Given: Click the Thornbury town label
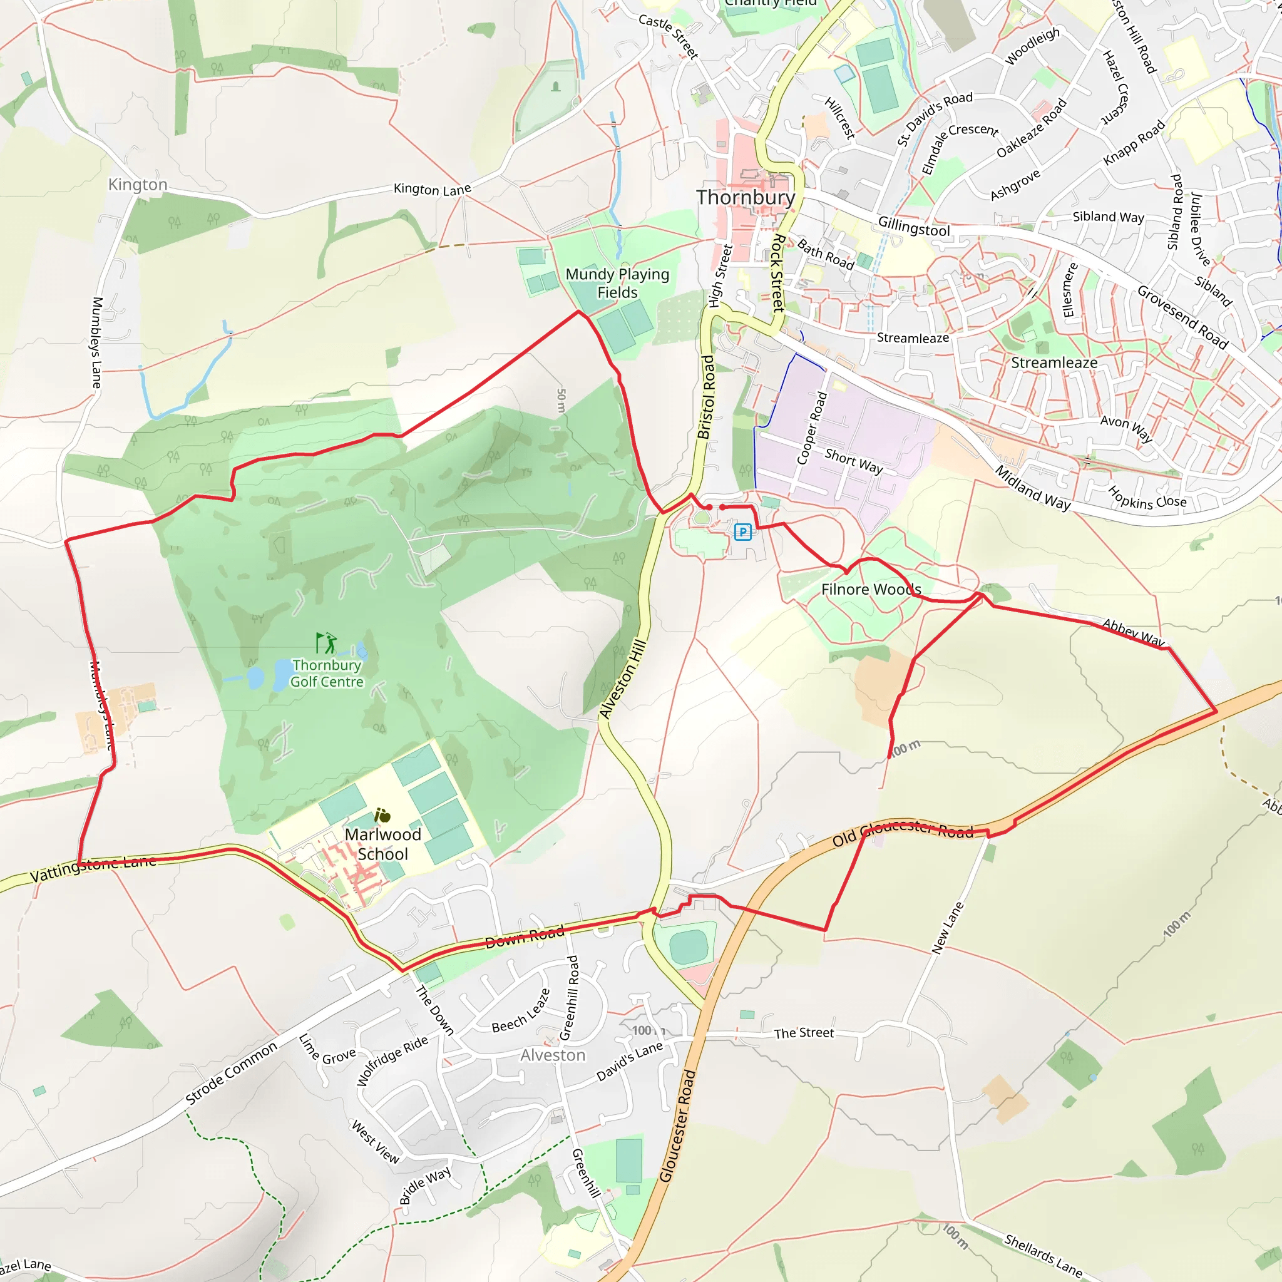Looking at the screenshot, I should tap(745, 198).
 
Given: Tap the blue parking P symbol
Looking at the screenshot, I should tap(742, 531).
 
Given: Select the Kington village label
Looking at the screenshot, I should tap(138, 185).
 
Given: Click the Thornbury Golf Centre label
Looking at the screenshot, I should tap(327, 673).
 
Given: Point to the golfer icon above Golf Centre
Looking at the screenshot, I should tap(326, 643).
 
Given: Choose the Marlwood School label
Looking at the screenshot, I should tap(383, 843).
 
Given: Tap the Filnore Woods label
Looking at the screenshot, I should tap(871, 589).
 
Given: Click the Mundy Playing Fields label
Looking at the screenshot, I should tap(617, 284).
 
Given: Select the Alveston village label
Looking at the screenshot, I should tap(553, 1055).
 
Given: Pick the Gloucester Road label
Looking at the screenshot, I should tap(677, 1126).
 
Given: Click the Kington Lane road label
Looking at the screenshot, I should tap(432, 190).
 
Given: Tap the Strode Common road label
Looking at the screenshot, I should tap(231, 1074).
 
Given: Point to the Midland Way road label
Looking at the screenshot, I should tap(1032, 488).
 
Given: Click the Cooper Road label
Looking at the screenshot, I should tap(811, 428).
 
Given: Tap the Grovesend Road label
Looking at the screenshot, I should tap(1182, 317).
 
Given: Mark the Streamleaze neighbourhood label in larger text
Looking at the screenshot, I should tap(1054, 363).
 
